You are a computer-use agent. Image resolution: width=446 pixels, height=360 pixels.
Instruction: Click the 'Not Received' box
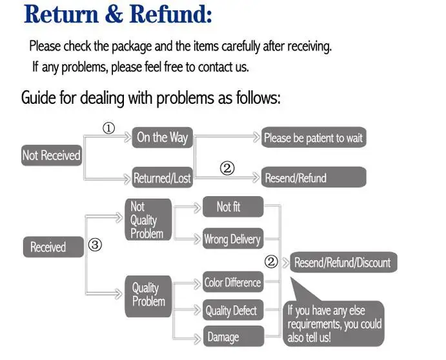[52, 155]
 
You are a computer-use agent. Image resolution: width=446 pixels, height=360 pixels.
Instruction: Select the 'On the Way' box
[163, 137]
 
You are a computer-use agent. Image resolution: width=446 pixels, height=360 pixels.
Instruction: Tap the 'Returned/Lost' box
[163, 177]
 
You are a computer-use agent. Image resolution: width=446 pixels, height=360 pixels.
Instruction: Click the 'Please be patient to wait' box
[314, 137]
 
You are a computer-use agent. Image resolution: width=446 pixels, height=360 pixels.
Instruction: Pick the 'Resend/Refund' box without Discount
[314, 177]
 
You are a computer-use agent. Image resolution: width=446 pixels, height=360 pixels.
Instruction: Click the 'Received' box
[54, 247]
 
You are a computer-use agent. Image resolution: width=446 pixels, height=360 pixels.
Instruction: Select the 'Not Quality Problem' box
[148, 219]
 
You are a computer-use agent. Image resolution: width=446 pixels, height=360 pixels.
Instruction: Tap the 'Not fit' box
[233, 206]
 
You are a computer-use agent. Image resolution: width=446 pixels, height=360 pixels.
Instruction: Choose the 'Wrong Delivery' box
[233, 239]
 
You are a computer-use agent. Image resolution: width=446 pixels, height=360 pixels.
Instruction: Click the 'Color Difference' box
[233, 282]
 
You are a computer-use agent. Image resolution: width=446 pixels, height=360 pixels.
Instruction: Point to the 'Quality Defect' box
[233, 310]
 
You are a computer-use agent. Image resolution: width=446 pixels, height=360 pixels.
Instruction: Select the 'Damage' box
[234, 336]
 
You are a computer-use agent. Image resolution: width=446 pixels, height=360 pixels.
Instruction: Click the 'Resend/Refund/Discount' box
[343, 262]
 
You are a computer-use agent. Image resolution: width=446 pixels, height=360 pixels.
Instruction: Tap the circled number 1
[108, 128]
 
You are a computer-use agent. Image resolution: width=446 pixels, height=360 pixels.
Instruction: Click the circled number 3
[95, 245]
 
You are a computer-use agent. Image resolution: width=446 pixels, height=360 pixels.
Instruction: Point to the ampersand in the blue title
[114, 14]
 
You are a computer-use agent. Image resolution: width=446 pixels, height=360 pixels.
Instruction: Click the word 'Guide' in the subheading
[38, 98]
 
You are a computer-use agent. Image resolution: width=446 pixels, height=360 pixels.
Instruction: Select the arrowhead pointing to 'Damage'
[197, 339]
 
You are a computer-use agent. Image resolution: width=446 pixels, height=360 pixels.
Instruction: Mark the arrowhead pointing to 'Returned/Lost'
[127, 179]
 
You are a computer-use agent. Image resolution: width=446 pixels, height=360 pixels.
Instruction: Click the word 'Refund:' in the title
[170, 14]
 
